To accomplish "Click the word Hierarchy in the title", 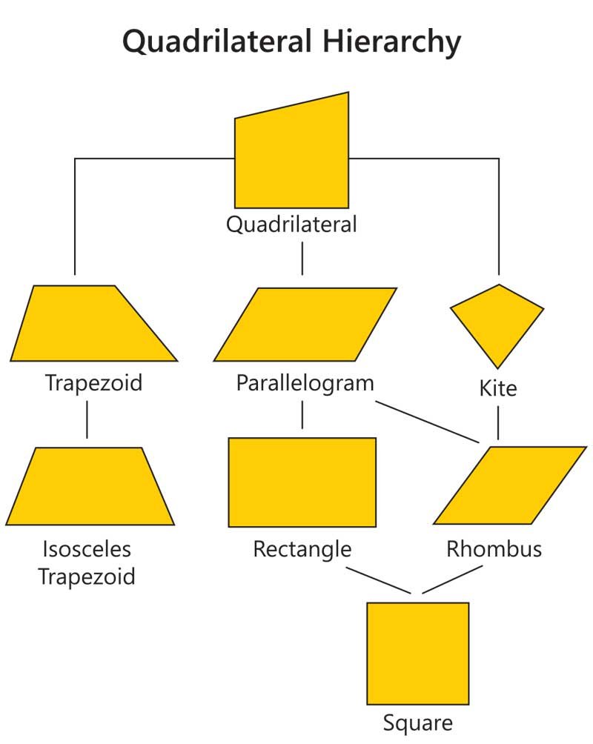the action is tap(391, 41).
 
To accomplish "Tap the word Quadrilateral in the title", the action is tap(217, 41).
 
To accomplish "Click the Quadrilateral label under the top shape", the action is tap(291, 225).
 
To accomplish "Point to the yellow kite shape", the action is tap(497, 322).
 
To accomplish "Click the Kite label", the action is tap(498, 388).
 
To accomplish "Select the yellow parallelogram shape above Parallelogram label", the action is tap(305, 325).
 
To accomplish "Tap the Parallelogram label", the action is tap(305, 383).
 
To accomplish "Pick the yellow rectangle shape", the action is tap(302, 482).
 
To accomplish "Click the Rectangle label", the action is tap(302, 549).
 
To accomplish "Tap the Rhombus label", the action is tap(494, 549).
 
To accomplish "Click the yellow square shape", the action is tap(418, 654).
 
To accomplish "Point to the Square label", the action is tap(418, 723).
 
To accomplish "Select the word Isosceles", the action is tap(87, 549).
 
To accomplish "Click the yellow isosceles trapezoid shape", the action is tap(90, 486).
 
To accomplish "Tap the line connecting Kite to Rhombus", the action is tap(497, 423).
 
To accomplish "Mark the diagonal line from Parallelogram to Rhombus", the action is tap(428, 422).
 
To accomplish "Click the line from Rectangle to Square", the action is tap(378, 579).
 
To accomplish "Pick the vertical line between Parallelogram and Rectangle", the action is tap(302, 415).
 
